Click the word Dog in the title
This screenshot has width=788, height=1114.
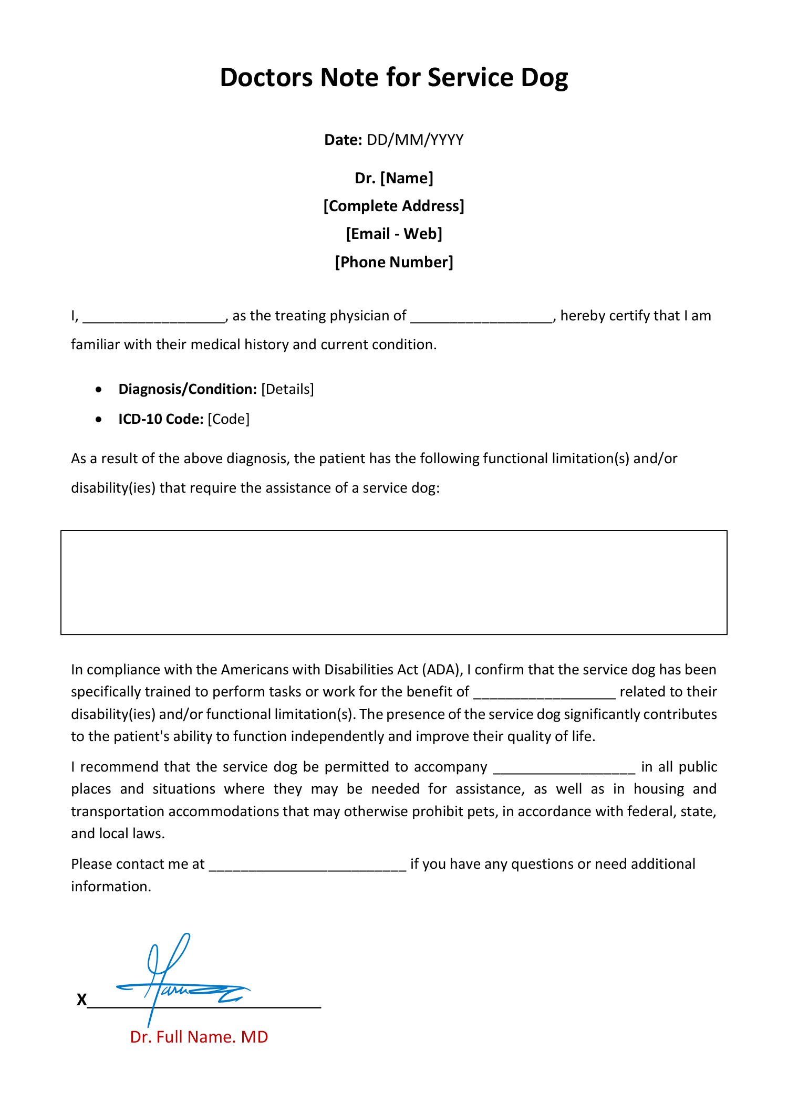click(544, 78)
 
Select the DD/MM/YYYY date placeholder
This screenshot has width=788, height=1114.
click(415, 140)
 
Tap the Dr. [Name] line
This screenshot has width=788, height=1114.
click(394, 178)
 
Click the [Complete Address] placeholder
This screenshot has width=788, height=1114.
click(394, 206)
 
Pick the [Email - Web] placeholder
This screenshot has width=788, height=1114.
click(394, 234)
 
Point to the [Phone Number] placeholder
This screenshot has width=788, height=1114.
click(394, 262)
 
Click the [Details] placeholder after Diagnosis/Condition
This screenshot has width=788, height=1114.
click(287, 389)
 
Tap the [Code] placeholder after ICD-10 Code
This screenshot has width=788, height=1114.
click(229, 419)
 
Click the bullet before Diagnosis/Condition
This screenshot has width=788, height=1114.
click(99, 390)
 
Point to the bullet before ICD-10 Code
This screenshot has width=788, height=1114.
click(99, 420)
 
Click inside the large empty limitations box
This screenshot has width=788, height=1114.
click(394, 582)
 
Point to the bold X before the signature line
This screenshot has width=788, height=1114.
click(81, 1000)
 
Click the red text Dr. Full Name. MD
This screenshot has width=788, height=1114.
click(199, 1037)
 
